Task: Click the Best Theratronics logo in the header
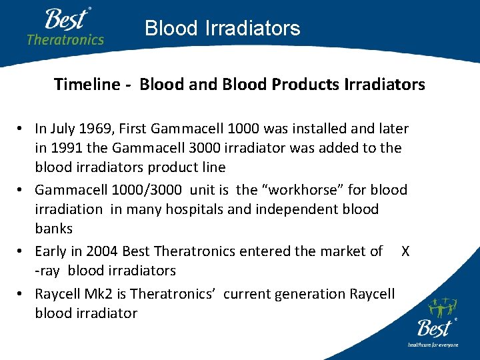click(65, 27)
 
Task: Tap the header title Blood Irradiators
click(222, 28)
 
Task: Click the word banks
click(53, 229)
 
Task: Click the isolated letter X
click(405, 251)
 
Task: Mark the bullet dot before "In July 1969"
click(22, 129)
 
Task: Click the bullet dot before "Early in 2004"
click(22, 252)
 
